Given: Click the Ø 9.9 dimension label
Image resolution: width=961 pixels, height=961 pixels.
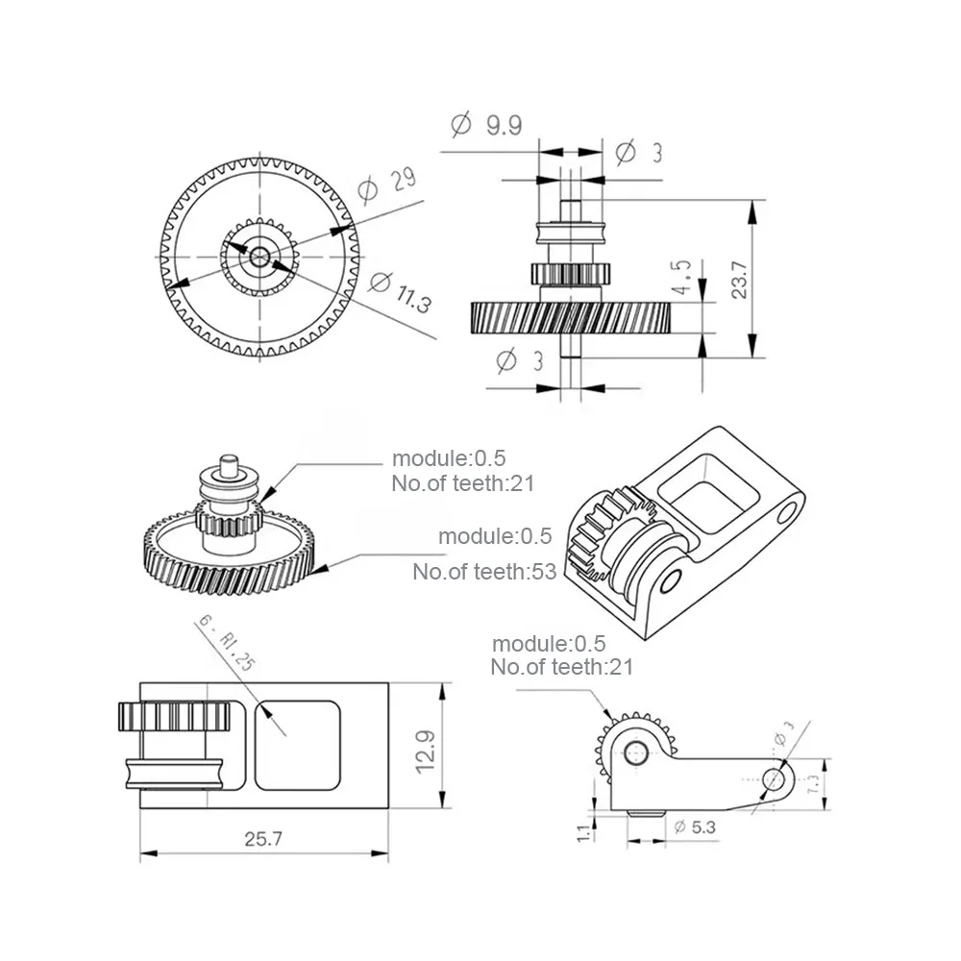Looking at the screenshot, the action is [x=486, y=125].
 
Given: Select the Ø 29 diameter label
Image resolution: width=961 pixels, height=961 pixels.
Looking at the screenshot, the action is [x=387, y=184].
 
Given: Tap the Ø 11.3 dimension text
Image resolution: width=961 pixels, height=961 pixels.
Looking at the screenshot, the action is [x=401, y=292].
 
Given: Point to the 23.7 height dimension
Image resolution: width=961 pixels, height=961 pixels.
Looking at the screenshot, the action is [x=740, y=280].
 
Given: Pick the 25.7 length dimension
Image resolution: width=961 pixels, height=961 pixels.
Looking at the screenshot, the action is [x=263, y=838].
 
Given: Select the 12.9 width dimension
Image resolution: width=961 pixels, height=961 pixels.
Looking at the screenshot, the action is [x=425, y=752].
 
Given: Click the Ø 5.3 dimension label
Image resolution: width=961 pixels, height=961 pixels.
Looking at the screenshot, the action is [x=695, y=827].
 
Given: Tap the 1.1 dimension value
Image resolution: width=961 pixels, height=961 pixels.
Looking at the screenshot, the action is [x=583, y=832].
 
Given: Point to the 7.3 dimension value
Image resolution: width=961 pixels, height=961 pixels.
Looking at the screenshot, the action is [x=813, y=784].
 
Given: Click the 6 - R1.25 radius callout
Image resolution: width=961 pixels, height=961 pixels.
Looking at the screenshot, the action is [x=226, y=643].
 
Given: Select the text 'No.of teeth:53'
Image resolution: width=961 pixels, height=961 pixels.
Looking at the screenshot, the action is [x=484, y=572].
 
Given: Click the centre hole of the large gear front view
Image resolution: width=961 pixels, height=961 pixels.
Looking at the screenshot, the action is [x=259, y=257].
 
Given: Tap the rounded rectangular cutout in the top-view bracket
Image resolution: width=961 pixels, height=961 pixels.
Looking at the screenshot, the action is [x=297, y=746].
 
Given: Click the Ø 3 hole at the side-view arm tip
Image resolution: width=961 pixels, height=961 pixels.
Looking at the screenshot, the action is [x=773, y=780].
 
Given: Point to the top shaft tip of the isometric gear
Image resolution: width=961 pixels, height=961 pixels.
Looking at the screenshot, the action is [x=229, y=457].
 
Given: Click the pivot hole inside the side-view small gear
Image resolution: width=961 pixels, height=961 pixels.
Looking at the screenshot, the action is [x=635, y=752].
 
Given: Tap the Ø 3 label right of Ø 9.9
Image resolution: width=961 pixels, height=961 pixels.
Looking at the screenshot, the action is [x=639, y=152].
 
